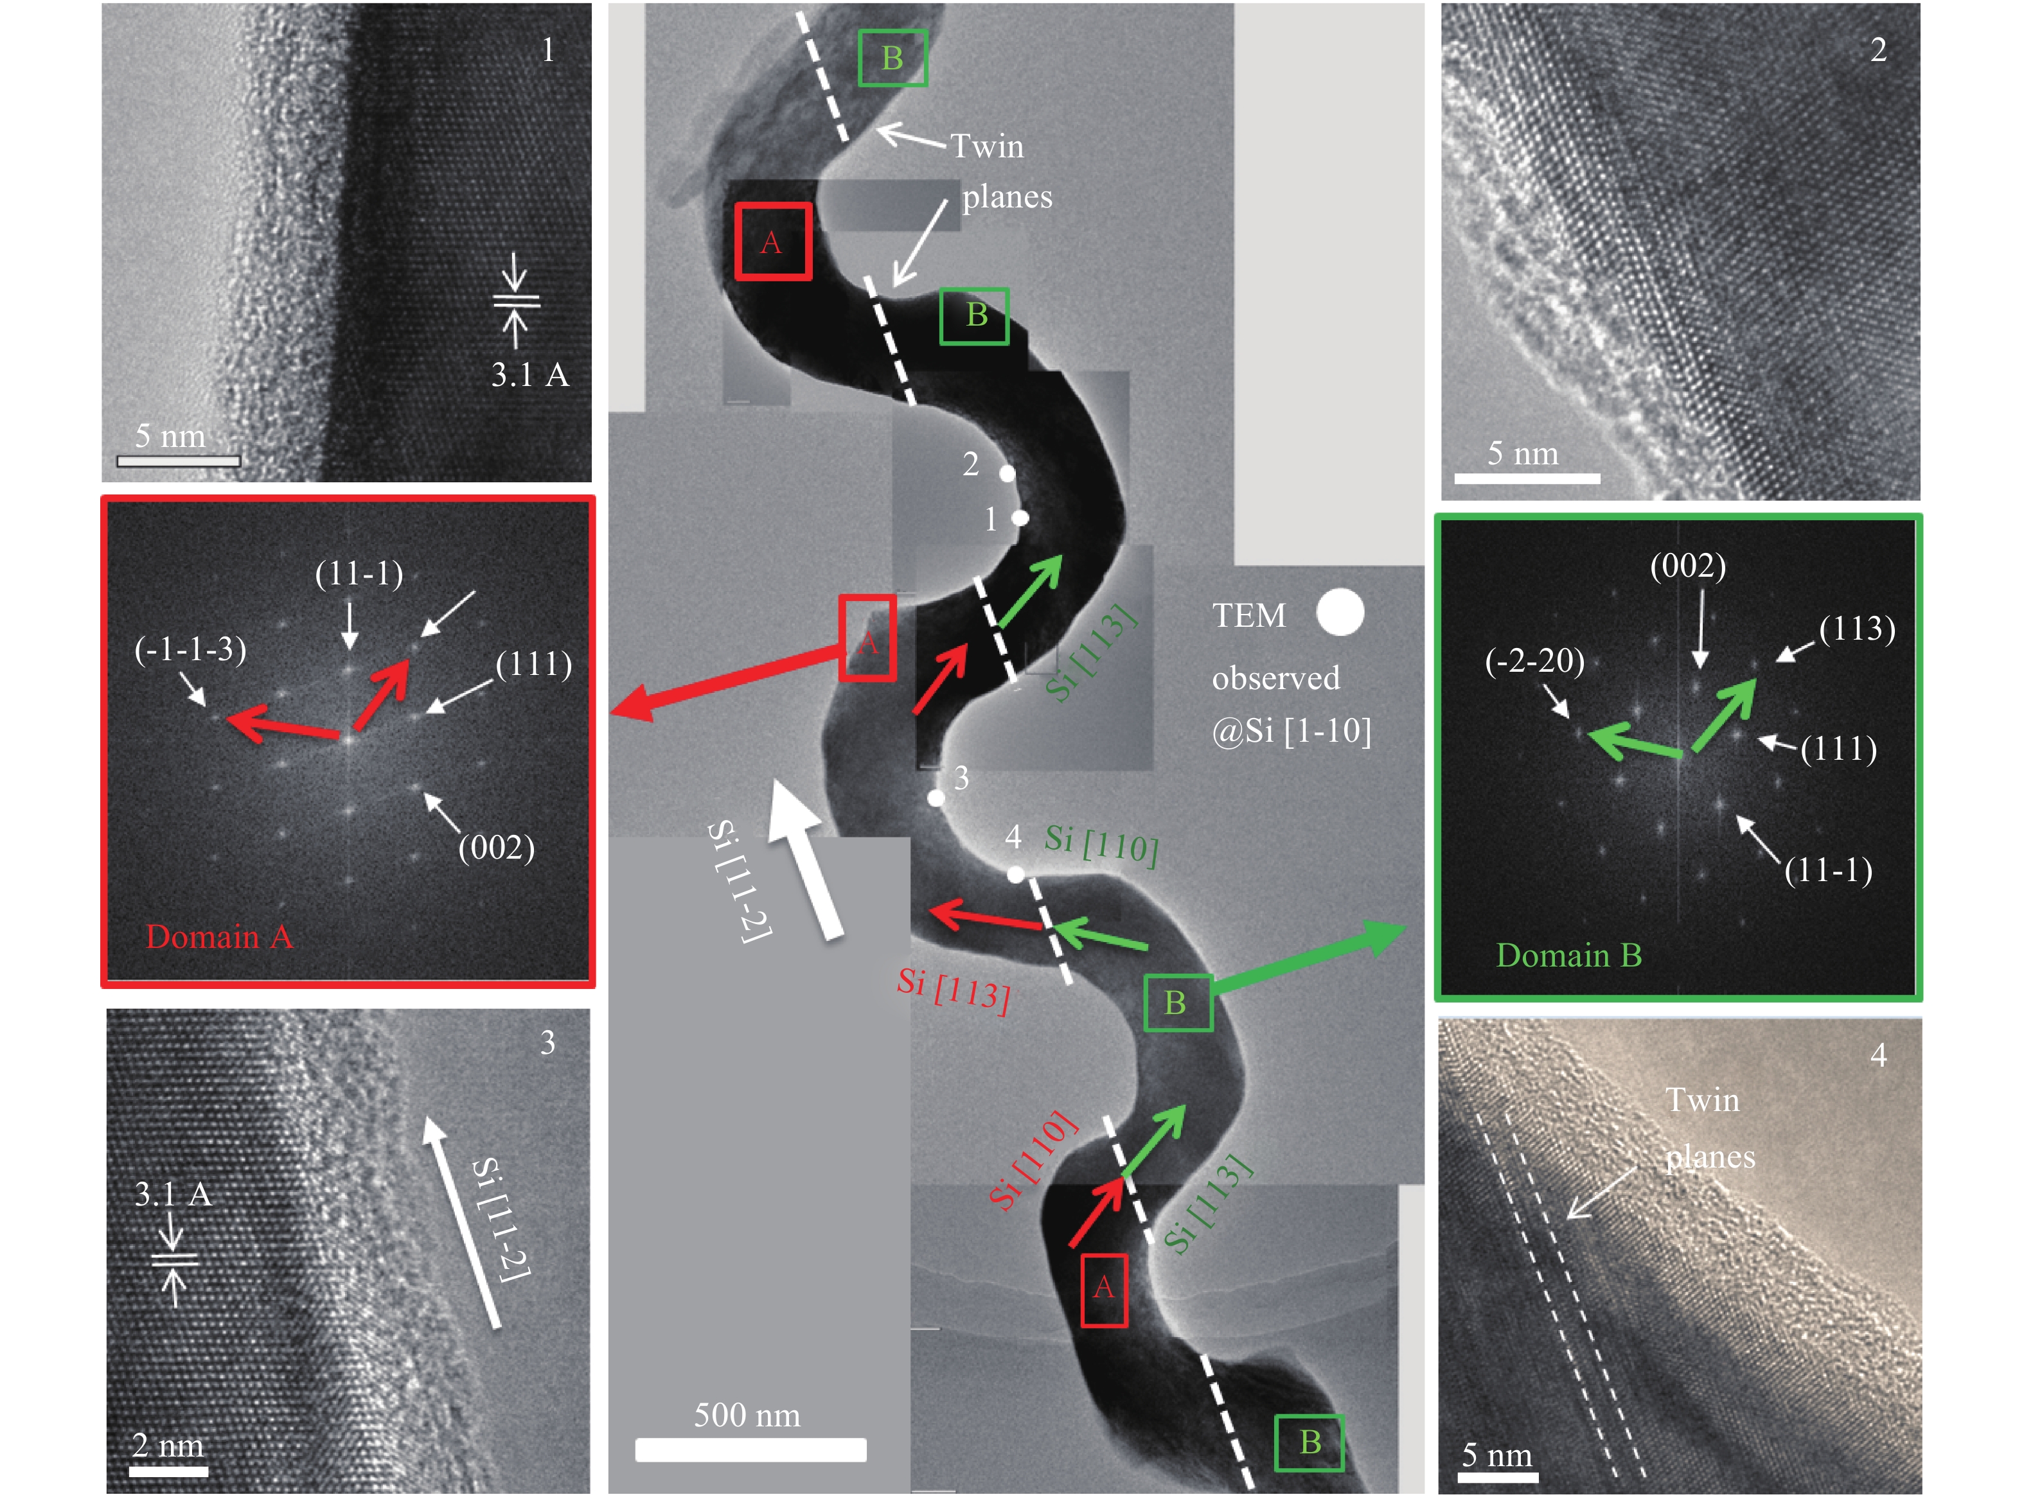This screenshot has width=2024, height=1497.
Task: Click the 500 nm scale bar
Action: coord(750,1450)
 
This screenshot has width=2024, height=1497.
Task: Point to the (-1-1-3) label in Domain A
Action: coord(190,650)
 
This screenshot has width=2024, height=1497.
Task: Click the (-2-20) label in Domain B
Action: coord(1534,661)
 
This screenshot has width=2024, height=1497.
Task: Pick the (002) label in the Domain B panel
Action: coord(1688,566)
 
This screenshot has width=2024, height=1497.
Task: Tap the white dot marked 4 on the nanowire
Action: coord(1016,875)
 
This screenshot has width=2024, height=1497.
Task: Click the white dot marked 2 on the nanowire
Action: coord(1007,473)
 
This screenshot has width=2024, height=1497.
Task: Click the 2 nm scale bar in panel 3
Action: coord(168,1471)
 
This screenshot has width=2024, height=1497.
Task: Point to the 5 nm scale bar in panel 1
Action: coord(179,461)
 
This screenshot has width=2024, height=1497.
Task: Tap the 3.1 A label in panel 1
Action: coord(530,374)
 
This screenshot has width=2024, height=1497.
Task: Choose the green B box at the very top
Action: coord(892,58)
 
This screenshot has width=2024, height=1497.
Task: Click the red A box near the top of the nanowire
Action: coord(772,241)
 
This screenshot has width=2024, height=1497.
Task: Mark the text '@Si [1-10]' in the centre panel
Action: coord(1292,730)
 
